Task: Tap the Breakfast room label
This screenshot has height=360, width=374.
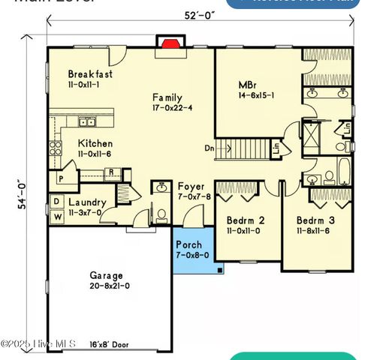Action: tap(90, 74)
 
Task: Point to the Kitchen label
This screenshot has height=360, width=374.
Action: tap(95, 143)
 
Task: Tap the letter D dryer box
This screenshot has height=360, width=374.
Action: tap(57, 202)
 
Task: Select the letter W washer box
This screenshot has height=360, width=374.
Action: tap(57, 217)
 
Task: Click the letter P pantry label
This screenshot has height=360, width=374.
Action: tap(61, 179)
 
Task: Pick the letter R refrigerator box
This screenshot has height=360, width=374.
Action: tap(110, 172)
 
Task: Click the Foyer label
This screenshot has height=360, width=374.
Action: tap(191, 187)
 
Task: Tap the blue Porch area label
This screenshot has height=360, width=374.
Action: tap(189, 245)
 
